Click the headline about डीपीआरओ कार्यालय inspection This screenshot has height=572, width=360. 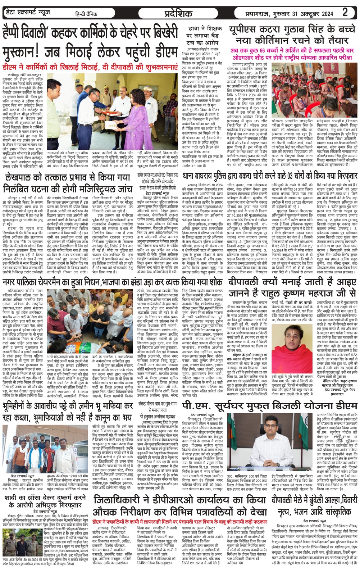(x=180, y=506)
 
